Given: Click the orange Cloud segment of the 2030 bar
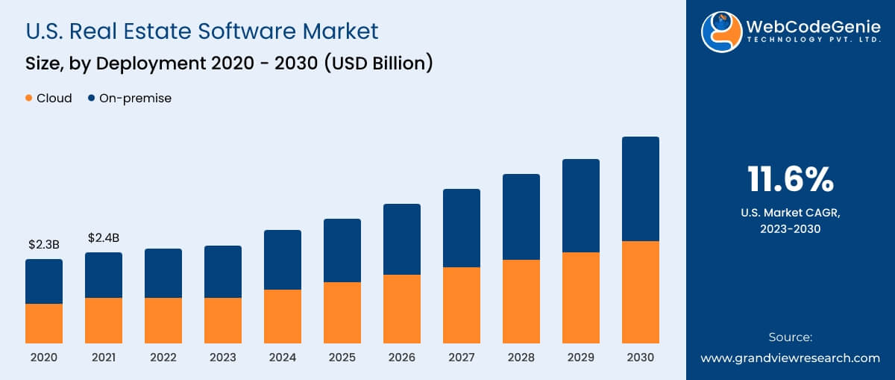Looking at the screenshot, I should click(x=640, y=292).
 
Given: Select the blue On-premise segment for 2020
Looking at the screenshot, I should click(x=44, y=281).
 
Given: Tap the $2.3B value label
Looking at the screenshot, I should click(x=44, y=244).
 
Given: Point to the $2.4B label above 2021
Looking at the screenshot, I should click(x=104, y=237).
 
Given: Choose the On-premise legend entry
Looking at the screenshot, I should click(x=130, y=99).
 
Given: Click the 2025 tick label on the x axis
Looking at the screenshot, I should click(x=342, y=358).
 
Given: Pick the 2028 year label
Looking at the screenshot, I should click(x=521, y=358).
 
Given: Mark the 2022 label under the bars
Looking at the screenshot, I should click(x=163, y=358).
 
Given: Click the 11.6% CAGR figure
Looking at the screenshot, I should click(x=790, y=180).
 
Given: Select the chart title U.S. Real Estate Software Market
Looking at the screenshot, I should click(x=201, y=31).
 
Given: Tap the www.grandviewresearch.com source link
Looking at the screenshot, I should click(x=790, y=358).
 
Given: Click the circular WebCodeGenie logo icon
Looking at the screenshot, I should click(x=721, y=32).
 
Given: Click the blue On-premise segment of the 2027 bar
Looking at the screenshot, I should click(x=462, y=228).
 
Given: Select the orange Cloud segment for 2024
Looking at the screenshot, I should click(x=283, y=317).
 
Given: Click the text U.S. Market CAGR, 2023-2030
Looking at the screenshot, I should click(x=790, y=221).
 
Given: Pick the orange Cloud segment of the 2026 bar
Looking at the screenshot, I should click(x=402, y=309).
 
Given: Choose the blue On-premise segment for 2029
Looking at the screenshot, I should click(x=581, y=205).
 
